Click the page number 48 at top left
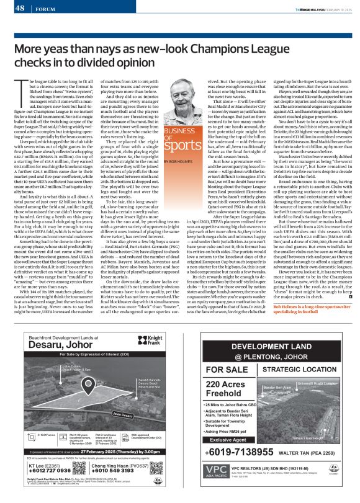[x=20, y=8]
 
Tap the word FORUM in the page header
[x=43, y=9]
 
